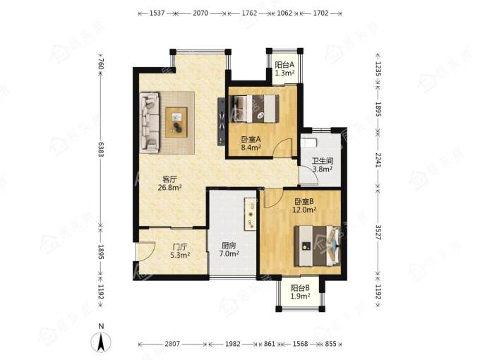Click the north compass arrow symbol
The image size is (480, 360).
click(x=101, y=342)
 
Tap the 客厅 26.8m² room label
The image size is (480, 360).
click(x=169, y=183)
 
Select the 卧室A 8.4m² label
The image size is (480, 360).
click(x=251, y=143)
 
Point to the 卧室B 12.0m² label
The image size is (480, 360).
click(x=304, y=205)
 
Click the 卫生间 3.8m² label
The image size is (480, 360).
click(x=323, y=164)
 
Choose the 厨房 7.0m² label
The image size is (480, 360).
click(x=229, y=249)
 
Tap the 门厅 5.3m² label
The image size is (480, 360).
click(x=180, y=251)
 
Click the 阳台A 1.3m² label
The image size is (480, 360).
click(x=284, y=69)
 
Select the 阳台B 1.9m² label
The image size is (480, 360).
click(x=300, y=292)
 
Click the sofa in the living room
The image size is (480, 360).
click(x=150, y=122)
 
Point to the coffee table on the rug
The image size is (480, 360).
click(x=176, y=122)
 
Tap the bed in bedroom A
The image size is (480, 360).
click(x=254, y=109)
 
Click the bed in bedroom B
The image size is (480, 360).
click(x=317, y=246)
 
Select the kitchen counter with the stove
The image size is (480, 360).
click(x=251, y=214)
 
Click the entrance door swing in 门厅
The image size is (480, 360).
click(x=146, y=251)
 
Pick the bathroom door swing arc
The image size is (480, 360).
click(x=310, y=175)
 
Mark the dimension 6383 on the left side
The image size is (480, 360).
click(x=101, y=149)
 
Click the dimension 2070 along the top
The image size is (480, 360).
click(x=200, y=13)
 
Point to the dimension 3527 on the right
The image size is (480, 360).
click(x=378, y=232)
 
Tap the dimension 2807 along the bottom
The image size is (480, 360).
click(x=172, y=344)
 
